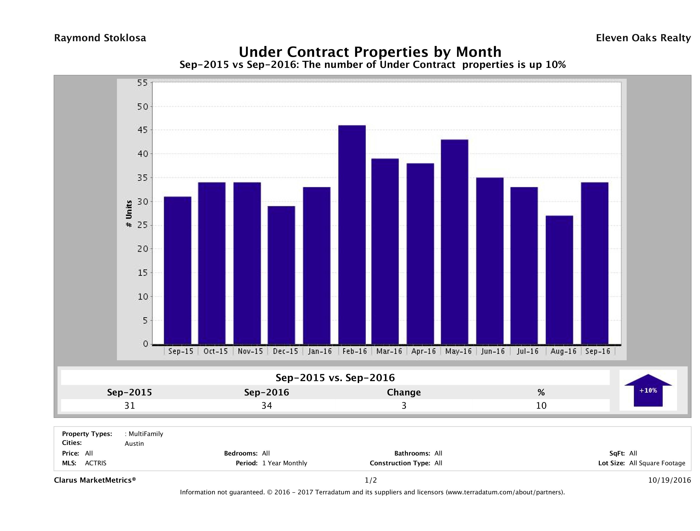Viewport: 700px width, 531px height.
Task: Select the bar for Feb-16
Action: tap(352, 235)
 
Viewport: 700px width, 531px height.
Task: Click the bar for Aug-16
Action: tap(559, 280)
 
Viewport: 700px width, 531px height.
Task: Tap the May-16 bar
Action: tap(455, 242)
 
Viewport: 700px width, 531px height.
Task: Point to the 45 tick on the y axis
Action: tap(143, 130)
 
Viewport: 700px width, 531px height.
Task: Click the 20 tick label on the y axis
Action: tap(143, 249)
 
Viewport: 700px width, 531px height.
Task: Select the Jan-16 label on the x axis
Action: tap(320, 351)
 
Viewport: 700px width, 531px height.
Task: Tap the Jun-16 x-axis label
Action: tap(493, 351)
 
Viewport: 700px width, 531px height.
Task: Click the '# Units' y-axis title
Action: tap(129, 214)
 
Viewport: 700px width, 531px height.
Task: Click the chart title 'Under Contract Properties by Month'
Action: tap(370, 52)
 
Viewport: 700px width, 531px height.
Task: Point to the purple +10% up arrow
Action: tap(648, 390)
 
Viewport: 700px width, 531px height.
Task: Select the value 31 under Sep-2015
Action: tap(130, 406)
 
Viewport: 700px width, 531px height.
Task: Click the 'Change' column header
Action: tap(404, 392)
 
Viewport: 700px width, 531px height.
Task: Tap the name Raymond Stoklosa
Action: tap(100, 38)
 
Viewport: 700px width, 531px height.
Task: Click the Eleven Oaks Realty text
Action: tap(643, 38)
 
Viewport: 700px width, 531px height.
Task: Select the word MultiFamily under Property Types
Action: tap(146, 434)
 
